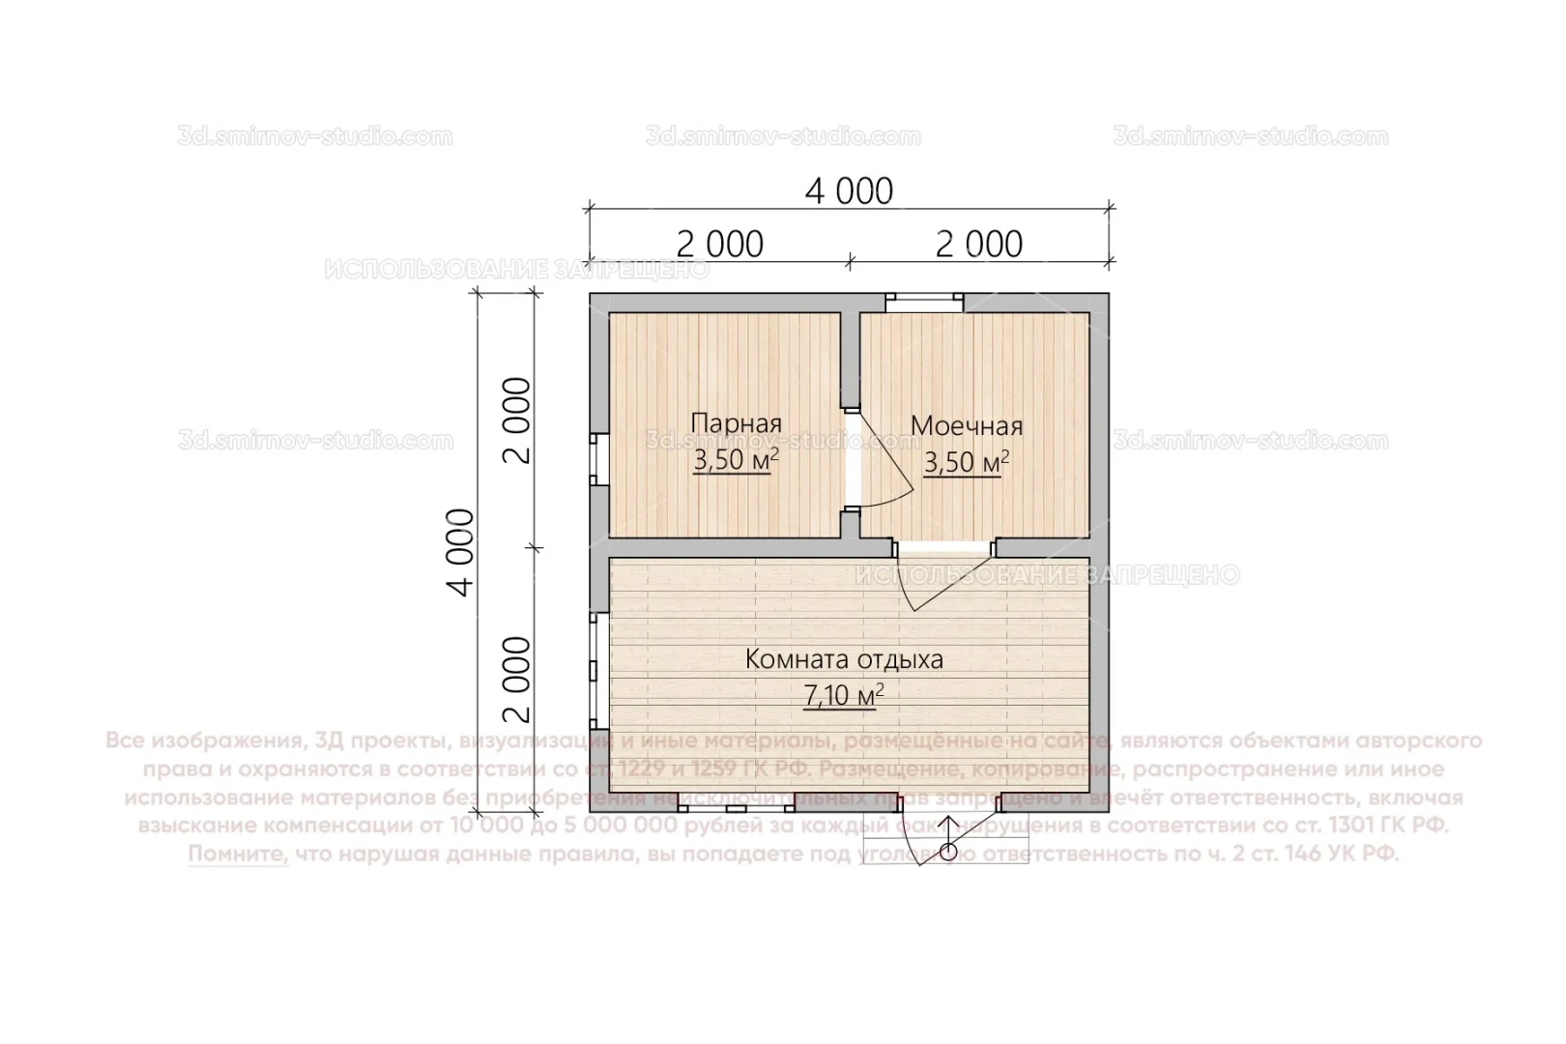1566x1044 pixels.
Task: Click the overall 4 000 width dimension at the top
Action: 849,191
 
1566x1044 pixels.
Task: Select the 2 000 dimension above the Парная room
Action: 719,244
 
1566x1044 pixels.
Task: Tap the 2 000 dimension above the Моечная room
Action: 978,244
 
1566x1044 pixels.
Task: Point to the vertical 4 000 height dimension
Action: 463,552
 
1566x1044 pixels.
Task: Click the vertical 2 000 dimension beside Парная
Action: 518,420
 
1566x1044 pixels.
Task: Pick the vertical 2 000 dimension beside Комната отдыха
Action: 518,679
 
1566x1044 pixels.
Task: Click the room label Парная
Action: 736,423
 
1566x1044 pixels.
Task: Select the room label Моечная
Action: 966,425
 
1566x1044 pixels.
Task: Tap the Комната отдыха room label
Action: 844,660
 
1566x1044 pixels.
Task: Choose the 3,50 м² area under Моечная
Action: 966,462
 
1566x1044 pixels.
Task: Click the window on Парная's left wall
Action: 598,459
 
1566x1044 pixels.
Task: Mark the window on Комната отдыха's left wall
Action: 598,671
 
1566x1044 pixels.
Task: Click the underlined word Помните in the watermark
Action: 238,855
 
